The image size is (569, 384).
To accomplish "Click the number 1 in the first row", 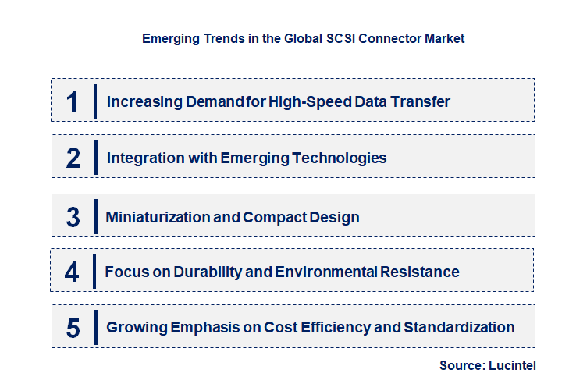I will click(x=72, y=101).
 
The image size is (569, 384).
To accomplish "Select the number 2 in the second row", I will click(x=73, y=158).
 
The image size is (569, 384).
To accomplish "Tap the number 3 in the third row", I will click(x=73, y=217).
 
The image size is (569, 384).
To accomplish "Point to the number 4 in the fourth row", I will click(x=72, y=272).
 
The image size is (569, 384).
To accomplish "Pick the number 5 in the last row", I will click(x=73, y=328).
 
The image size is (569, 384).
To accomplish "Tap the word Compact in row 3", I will click(x=275, y=217).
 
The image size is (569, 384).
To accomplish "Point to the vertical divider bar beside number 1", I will click(x=94, y=101).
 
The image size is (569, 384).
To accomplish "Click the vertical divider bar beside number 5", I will click(x=94, y=327).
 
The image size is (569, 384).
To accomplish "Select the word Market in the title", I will click(x=443, y=37).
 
